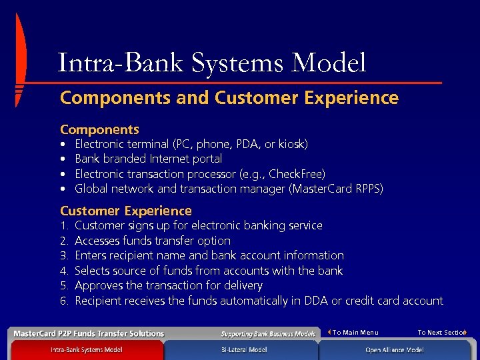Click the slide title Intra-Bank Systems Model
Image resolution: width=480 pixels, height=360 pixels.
tap(212, 63)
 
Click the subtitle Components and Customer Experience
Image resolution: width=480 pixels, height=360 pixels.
tap(229, 98)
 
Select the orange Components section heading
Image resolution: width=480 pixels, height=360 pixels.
tap(99, 129)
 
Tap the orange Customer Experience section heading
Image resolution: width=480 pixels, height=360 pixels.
tap(125, 211)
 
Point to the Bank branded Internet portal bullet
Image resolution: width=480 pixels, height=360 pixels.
tap(148, 159)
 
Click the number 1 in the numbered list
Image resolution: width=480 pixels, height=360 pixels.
tap(63, 226)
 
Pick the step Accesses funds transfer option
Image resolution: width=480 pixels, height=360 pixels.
tap(152, 241)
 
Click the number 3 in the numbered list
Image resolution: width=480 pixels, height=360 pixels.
tap(64, 256)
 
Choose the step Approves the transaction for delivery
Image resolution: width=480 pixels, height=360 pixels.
tap(168, 285)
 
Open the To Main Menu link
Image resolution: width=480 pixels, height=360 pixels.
tap(355, 333)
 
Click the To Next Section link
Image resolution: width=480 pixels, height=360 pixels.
tap(441, 333)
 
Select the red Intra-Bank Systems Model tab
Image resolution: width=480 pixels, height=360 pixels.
tap(86, 350)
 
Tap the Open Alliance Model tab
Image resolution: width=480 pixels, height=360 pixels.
tap(393, 350)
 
